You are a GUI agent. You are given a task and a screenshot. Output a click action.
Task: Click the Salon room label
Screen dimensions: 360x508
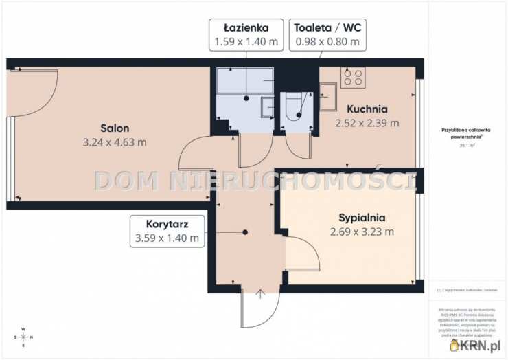click(115, 128)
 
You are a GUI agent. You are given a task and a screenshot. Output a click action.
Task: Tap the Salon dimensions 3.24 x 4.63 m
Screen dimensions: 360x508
click(115, 142)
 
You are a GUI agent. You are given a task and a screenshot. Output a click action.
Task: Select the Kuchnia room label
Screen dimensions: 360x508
click(367, 109)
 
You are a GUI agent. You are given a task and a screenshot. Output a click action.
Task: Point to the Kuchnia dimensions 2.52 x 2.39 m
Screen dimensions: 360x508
click(367, 123)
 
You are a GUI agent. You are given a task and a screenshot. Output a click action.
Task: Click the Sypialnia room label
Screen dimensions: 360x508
click(362, 217)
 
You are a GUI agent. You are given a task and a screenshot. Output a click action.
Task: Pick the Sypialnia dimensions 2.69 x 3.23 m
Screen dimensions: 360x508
click(362, 232)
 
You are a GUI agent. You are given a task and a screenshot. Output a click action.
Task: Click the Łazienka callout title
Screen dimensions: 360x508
click(246, 28)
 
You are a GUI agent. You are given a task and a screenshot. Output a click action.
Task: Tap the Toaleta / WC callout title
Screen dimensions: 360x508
click(327, 28)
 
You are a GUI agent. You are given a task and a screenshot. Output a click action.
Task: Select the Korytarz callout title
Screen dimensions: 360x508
click(168, 224)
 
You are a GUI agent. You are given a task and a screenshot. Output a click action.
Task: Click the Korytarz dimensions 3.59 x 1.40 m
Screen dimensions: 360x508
click(168, 238)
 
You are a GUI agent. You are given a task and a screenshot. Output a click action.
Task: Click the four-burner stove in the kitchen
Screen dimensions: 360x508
click(353, 77)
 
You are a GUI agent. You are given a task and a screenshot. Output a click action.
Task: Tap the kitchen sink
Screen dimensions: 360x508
click(328, 97)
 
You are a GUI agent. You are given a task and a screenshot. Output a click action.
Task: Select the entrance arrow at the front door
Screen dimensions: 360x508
click(261, 296)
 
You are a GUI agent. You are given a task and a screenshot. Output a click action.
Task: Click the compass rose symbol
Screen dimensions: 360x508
click(24, 337)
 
